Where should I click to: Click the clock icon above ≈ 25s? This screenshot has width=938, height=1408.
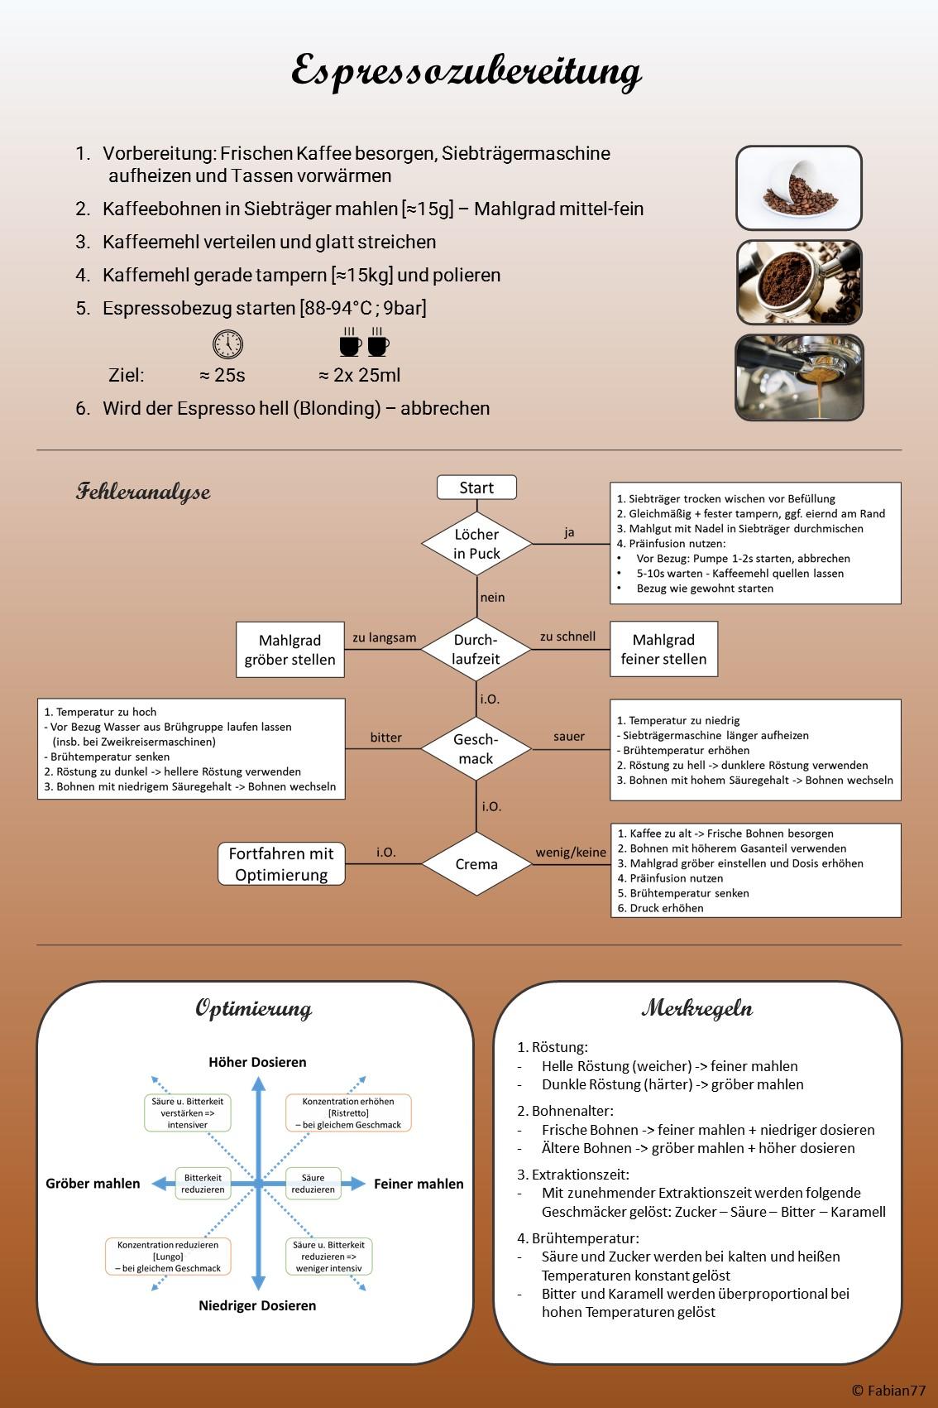coord(227,344)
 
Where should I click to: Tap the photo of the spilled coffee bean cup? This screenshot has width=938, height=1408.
coord(798,188)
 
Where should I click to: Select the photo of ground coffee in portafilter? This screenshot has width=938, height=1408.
coord(798,282)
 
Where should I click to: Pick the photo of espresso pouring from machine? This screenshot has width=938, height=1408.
coord(798,377)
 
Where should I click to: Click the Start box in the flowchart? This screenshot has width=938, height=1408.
coord(476,488)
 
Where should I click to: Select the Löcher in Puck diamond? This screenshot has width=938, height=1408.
coord(476,544)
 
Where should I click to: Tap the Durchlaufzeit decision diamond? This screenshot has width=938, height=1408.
coord(476,649)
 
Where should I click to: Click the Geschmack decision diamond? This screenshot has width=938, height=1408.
coord(476,748)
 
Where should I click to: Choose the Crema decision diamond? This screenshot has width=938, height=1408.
coord(476,864)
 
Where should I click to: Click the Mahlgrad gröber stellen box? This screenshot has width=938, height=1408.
coord(290,650)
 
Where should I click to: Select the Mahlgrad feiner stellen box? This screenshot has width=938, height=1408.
coord(663,650)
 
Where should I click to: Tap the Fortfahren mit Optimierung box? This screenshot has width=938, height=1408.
coord(281,864)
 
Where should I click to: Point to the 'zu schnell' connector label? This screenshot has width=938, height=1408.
coord(567,637)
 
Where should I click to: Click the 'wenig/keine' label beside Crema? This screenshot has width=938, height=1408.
coord(571,852)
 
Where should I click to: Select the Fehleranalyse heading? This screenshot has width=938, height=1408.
coord(143,492)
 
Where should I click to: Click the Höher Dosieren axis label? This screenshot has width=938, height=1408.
coord(257,1062)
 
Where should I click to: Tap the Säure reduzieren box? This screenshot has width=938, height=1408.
coord(313,1183)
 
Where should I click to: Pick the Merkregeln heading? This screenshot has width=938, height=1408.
coord(697,1008)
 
